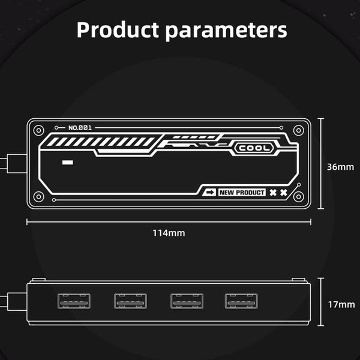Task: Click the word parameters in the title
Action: [x=226, y=30]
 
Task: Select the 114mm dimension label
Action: [x=169, y=233]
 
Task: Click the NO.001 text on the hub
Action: [x=80, y=128]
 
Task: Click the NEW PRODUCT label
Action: [x=241, y=193]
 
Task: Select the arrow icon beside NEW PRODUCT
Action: [x=210, y=193]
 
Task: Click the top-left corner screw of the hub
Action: [x=39, y=130]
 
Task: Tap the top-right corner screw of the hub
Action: [x=299, y=130]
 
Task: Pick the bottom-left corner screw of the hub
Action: [x=39, y=196]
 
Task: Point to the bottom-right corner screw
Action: [x=299, y=196]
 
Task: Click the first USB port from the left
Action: [x=74, y=301]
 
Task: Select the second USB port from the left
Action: [x=130, y=301]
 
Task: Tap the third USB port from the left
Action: [x=187, y=301]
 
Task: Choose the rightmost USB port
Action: [x=241, y=301]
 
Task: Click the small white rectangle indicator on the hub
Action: [x=67, y=163]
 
